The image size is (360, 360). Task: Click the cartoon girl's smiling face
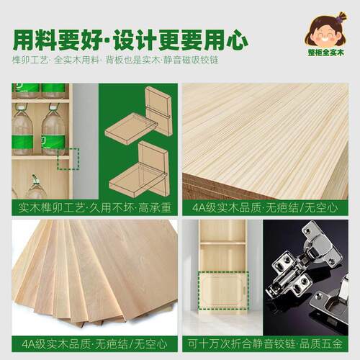pos(325,35)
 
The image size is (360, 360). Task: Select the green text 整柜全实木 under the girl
pos(326,53)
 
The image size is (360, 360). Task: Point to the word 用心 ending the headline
pos(225,40)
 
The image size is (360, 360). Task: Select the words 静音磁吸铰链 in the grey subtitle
pos(192,60)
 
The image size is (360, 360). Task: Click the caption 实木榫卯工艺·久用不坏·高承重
pos(95,207)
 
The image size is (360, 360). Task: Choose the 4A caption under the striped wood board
pos(265,207)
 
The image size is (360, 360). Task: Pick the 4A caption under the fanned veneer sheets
pos(94,344)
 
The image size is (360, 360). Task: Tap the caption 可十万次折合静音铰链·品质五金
pos(265,344)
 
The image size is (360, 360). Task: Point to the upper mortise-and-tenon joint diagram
pos(139,116)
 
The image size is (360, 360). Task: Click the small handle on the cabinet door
pos(244,290)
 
